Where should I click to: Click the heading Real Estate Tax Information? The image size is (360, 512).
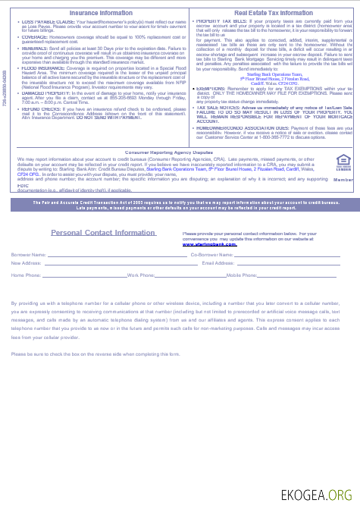point(274,13)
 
